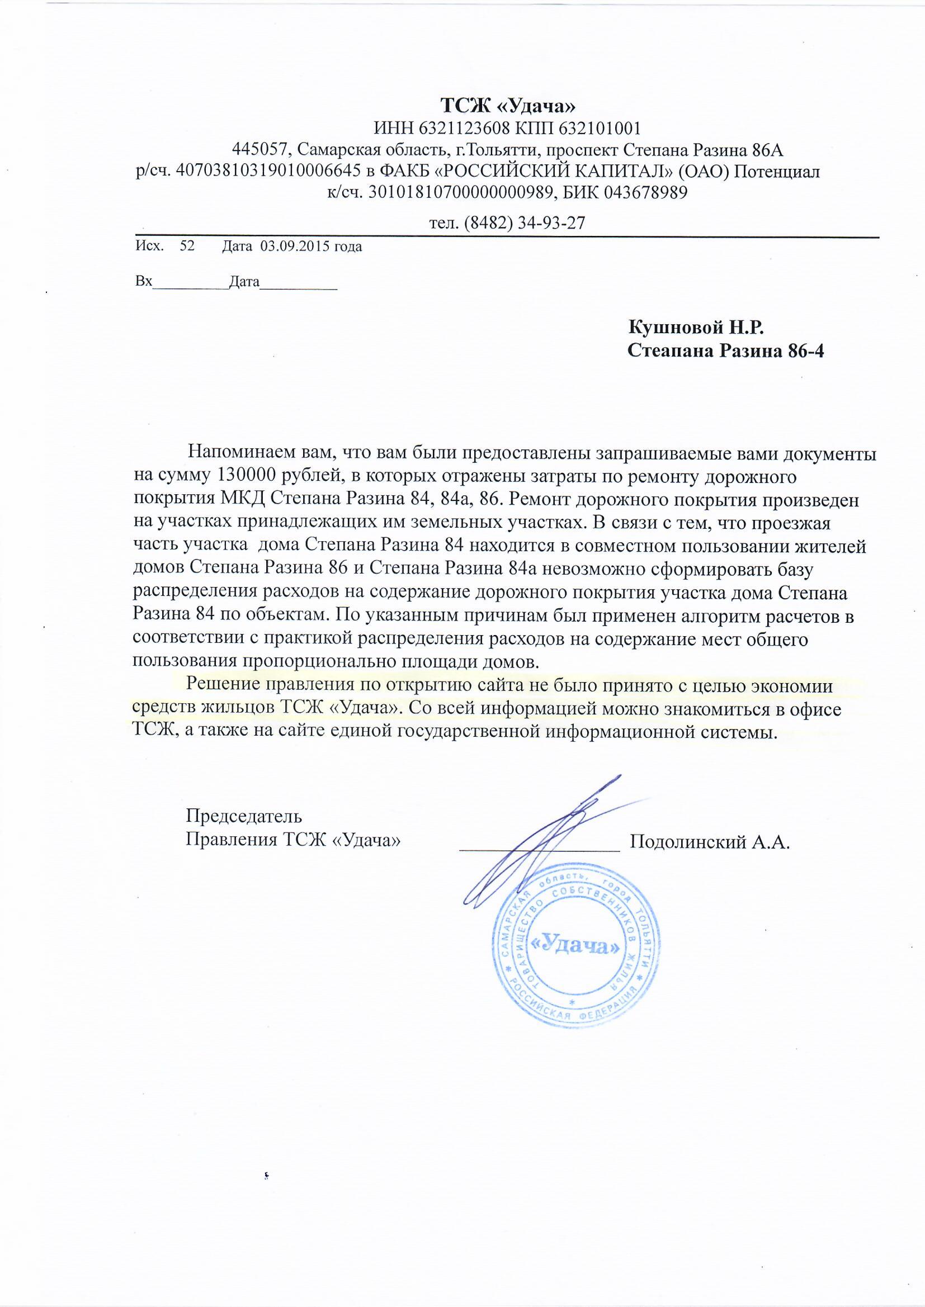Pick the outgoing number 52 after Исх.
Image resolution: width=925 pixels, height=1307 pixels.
pos(187,247)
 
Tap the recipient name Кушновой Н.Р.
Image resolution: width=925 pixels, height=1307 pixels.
pos(696,328)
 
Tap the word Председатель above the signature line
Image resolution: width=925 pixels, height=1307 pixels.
pos(244,816)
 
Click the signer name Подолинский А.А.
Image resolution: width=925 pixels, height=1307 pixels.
pos(710,841)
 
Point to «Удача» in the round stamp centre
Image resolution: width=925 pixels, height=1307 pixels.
pos(575,944)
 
